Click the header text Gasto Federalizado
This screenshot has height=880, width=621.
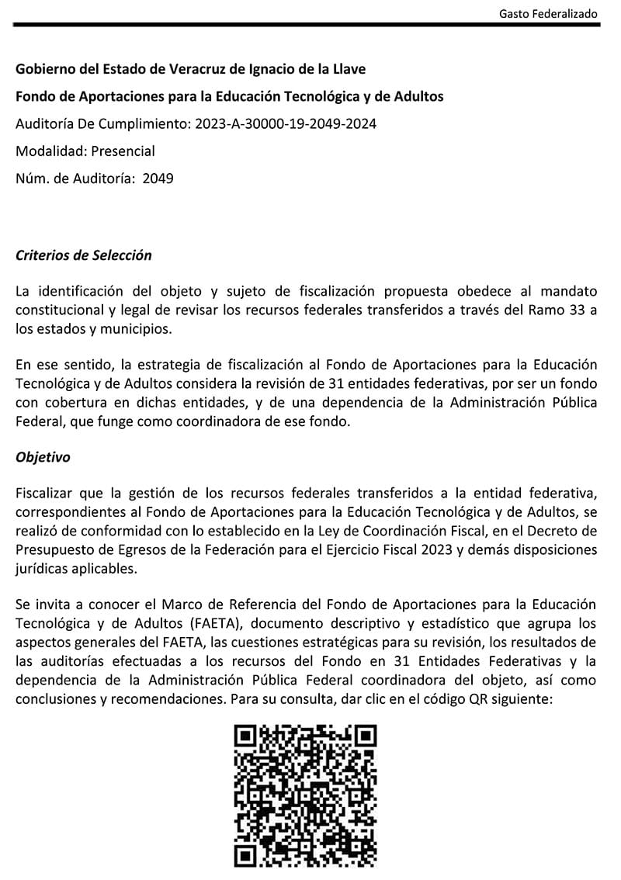pyautogui.click(x=548, y=14)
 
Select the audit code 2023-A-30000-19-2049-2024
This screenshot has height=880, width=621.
pyautogui.click(x=286, y=123)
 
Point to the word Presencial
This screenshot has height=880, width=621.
pyautogui.click(x=123, y=151)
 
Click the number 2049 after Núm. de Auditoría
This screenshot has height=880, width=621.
pyautogui.click(x=158, y=178)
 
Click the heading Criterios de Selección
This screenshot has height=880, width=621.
pyautogui.click(x=84, y=255)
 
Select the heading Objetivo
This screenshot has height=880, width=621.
pyautogui.click(x=43, y=457)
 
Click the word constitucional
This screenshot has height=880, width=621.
pyautogui.click(x=55, y=310)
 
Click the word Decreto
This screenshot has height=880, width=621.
pyautogui.click(x=555, y=531)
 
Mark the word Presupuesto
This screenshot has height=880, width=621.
pyautogui.click(x=51, y=549)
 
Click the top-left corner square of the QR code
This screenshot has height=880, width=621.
pyautogui.click(x=246, y=736)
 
